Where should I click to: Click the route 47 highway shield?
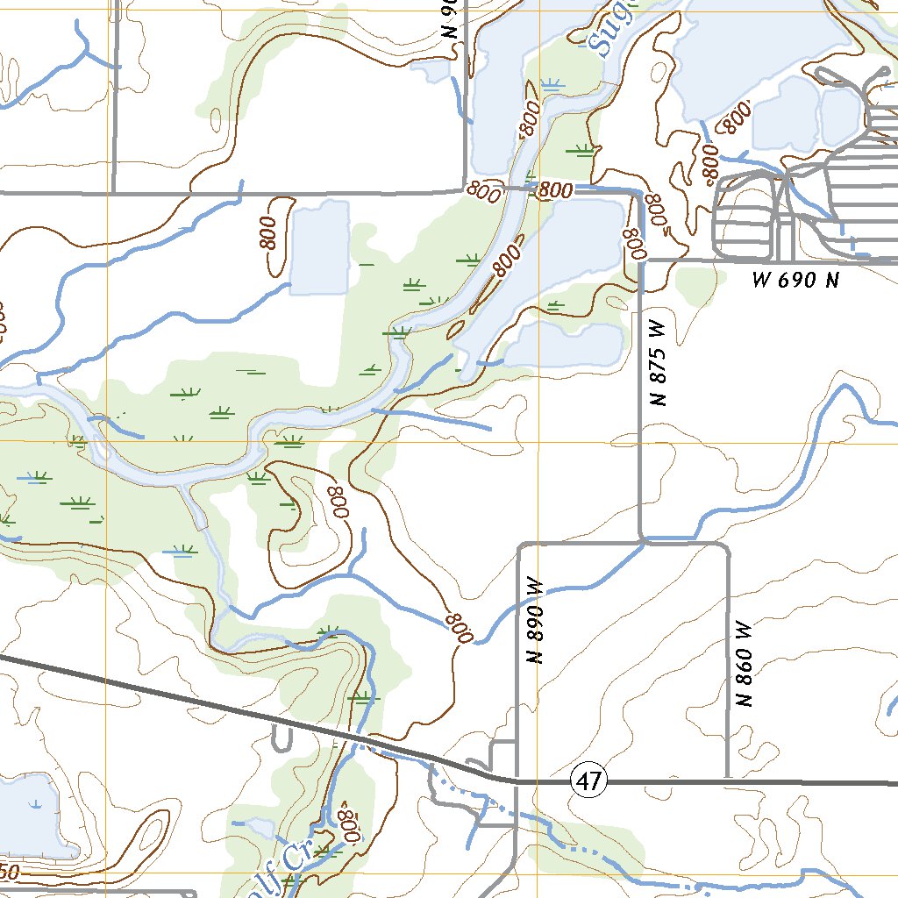589,780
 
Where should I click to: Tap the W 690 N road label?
795,281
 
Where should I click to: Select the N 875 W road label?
659,362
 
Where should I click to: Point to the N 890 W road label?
536,621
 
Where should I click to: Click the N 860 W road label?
745,664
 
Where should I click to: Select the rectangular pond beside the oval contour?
318,249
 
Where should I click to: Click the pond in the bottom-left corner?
26,816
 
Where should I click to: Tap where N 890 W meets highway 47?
517,779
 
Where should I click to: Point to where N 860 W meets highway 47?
728,779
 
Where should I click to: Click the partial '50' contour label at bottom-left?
9,872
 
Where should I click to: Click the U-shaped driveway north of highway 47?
282,739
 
